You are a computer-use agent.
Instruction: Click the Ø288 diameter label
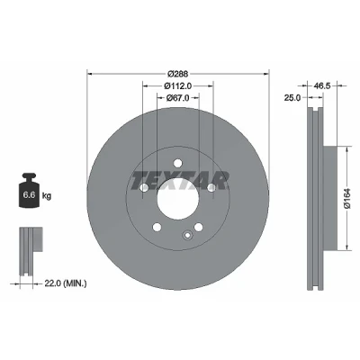pyautogui.click(x=178, y=74)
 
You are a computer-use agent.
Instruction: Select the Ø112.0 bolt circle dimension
pyautogui.click(x=178, y=85)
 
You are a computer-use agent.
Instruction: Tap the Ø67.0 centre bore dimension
pyautogui.click(x=178, y=97)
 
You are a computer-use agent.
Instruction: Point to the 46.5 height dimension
pyautogui.click(x=322, y=85)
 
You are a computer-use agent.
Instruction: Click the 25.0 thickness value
pyautogui.click(x=292, y=97)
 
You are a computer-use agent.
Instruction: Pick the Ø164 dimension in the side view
pyautogui.click(x=347, y=199)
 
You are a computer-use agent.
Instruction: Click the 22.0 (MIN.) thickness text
pyautogui.click(x=66, y=283)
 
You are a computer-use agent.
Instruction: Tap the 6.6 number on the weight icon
pyautogui.click(x=30, y=195)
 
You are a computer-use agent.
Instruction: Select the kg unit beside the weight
pyautogui.click(x=47, y=196)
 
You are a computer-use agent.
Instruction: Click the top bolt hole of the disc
pyautogui.click(x=178, y=163)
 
